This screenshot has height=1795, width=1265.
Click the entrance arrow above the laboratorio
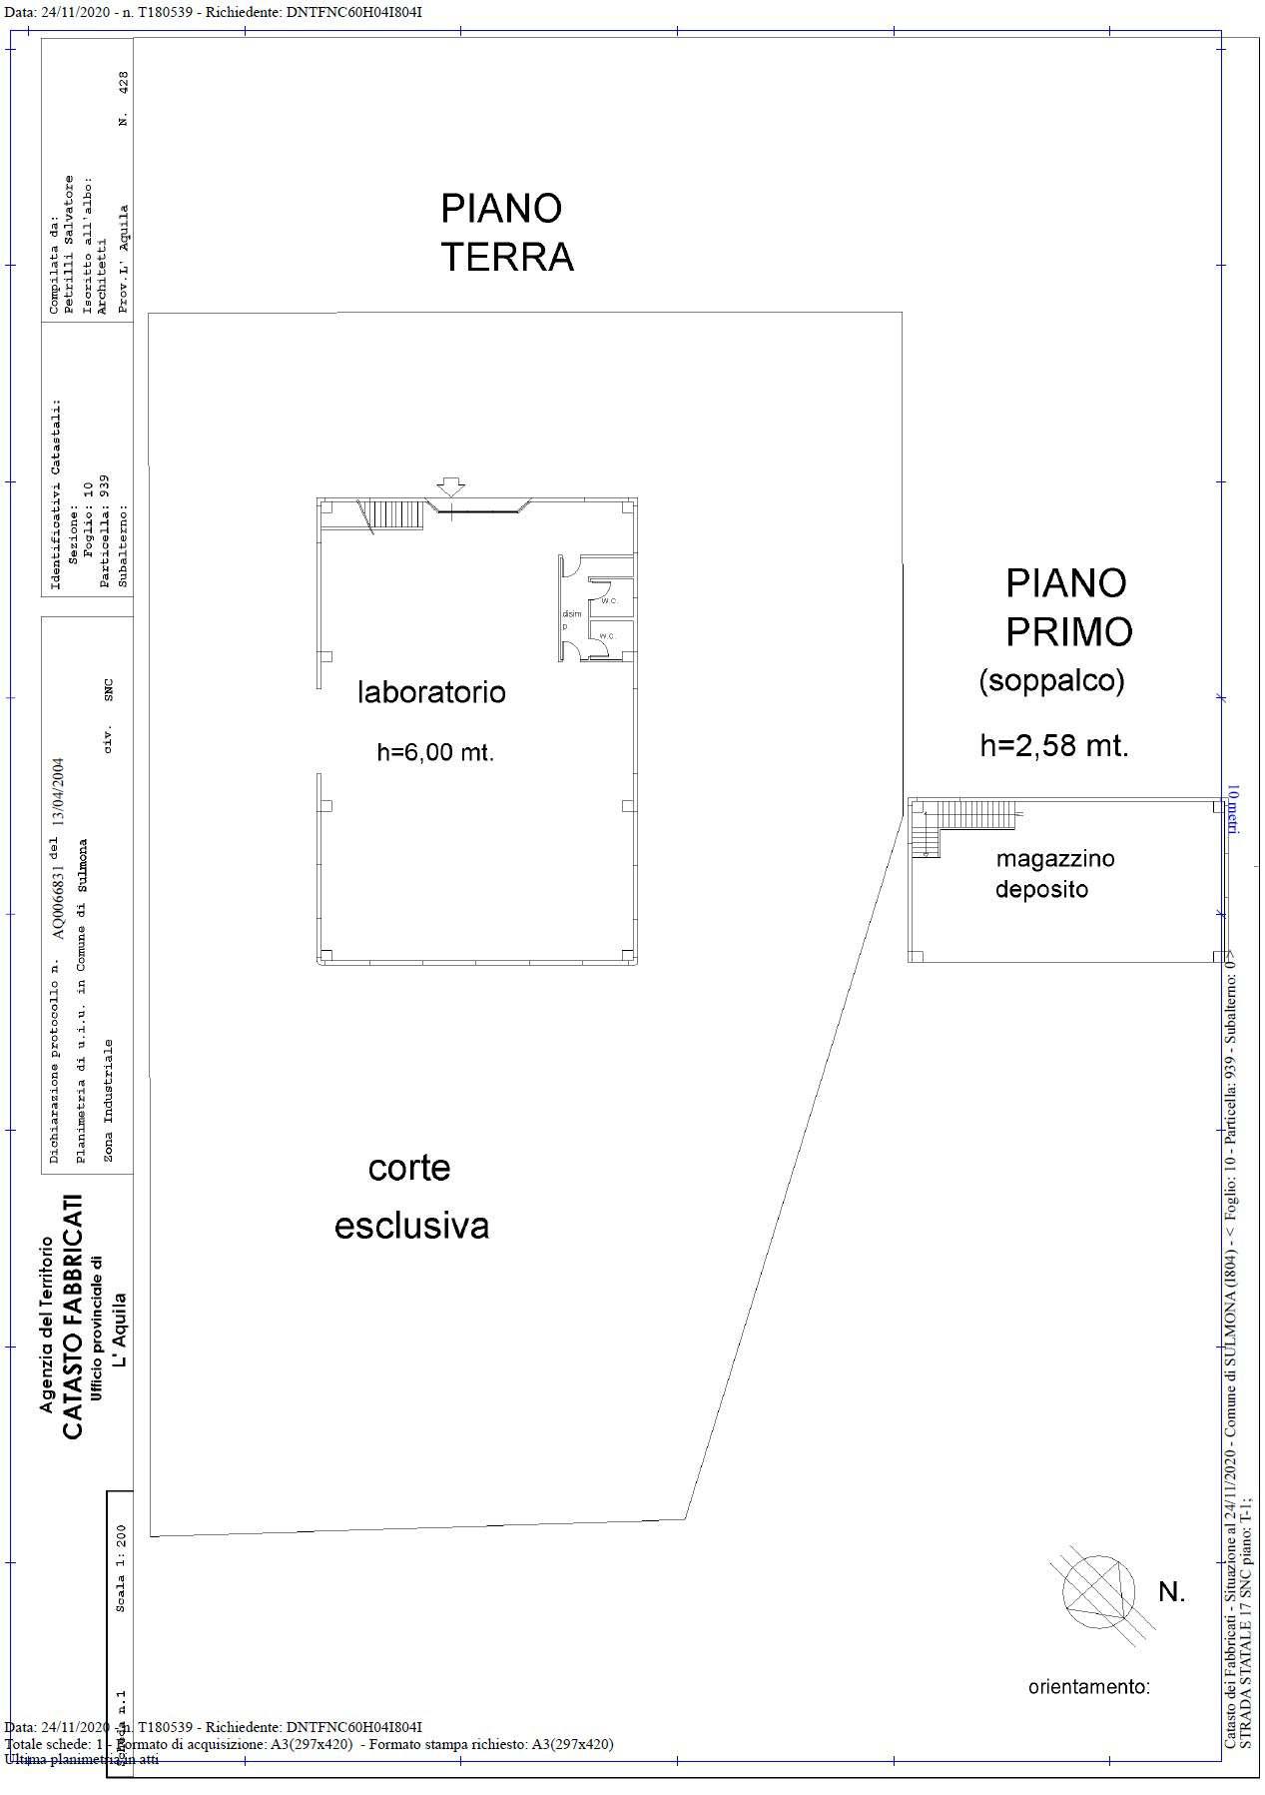coord(451,486)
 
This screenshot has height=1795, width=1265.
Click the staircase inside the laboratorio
coord(380,514)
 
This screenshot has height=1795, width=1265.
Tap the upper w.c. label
coord(608,600)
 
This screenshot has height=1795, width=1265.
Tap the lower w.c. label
coord(608,635)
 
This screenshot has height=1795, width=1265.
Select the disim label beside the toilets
coord(571,614)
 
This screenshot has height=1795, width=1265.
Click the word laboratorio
coord(431,692)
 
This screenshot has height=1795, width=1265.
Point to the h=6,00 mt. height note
coord(435,753)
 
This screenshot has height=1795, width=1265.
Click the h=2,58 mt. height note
coord(1053,745)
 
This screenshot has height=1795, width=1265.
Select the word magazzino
coord(1054,858)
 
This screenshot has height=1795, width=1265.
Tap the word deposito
coord(1040,889)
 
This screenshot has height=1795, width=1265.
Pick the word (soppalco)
coord(1051,681)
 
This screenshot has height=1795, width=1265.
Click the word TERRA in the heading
coord(507,257)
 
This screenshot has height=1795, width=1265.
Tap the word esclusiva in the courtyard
coord(411,1226)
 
